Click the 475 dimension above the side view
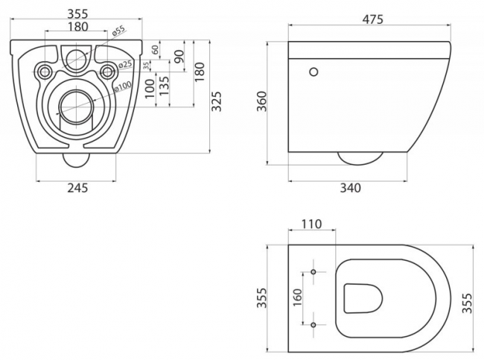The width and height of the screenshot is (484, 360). tap(372, 19)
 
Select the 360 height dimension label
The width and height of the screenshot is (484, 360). tap(261, 101)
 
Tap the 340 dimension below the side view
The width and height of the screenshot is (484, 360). tap(351, 188)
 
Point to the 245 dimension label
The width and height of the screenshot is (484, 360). tap(77, 188)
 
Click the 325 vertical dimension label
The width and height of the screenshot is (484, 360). tap(217, 101)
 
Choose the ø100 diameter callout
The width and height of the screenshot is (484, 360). tap(123, 86)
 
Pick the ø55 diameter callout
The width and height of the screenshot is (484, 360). tap(118, 31)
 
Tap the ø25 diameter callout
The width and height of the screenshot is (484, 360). tap(125, 64)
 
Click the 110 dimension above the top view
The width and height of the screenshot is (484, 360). tap(311, 224)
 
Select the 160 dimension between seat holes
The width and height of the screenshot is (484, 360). tap(297, 297)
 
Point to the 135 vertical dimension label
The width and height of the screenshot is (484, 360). tap(165, 86)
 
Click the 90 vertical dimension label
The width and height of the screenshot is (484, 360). tap(179, 56)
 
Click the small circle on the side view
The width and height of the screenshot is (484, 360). tap(313, 72)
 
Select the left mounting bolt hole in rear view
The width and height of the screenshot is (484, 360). tap(45, 72)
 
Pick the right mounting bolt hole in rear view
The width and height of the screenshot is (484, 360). tap(107, 72)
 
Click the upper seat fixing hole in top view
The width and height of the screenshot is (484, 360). tap(313, 272)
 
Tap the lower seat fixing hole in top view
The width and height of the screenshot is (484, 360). tap(313, 325)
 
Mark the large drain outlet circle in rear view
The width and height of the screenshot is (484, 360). tap(76, 107)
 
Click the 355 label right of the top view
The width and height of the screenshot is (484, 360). tap(467, 303)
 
